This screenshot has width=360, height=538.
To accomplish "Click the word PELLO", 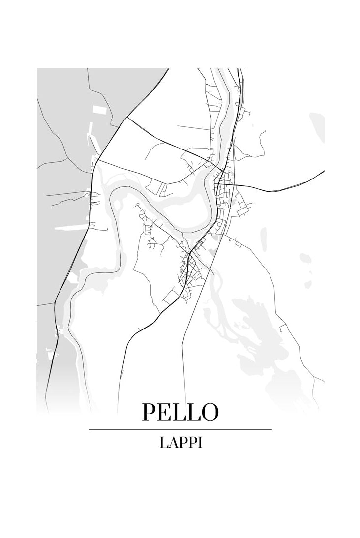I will point(180,412).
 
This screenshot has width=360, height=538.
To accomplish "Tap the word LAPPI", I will point(180,443).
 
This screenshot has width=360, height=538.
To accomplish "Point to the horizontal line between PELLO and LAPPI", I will point(180,429).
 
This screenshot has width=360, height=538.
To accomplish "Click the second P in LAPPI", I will point(192,443).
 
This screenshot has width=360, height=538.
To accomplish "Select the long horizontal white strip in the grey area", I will point(71,228).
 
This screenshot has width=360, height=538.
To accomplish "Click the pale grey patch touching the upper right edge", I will point(317,128).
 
